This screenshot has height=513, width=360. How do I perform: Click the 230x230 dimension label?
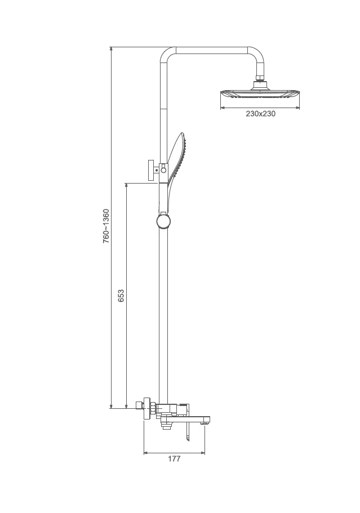(x=260, y=114)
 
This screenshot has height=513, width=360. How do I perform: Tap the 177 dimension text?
(x=174, y=459)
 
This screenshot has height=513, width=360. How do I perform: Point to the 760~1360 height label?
(x=106, y=226)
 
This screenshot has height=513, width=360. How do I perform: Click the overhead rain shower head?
(x=260, y=94)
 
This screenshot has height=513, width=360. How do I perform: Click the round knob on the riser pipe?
(x=163, y=220)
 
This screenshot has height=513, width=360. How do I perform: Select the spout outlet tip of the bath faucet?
(x=207, y=419)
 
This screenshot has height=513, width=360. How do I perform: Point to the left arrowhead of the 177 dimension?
(x=146, y=452)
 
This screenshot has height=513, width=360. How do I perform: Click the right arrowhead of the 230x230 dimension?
(x=297, y=106)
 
